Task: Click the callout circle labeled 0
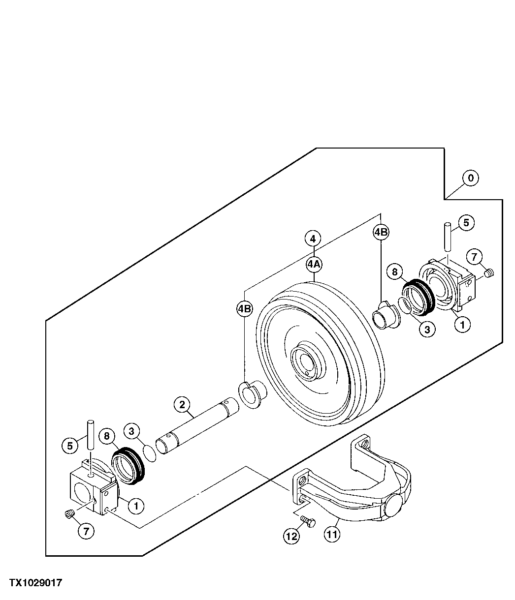click(471, 178)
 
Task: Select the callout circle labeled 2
click(182, 405)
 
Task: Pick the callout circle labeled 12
click(291, 536)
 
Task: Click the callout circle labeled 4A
click(314, 264)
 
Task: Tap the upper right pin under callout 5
click(447, 235)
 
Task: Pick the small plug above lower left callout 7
click(69, 514)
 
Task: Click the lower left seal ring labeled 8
click(128, 466)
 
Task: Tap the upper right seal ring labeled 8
click(418, 298)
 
